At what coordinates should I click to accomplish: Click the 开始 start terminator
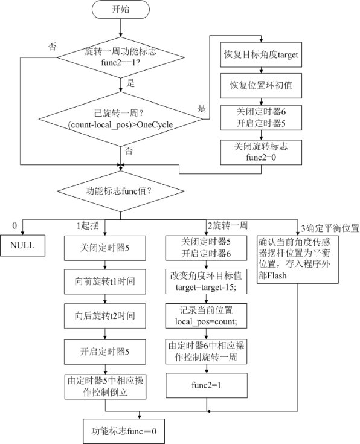[x=120, y=9]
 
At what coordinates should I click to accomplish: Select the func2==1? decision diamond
[x=121, y=57]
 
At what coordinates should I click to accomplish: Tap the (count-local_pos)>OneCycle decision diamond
[x=121, y=119]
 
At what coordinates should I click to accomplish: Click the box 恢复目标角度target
[x=261, y=54]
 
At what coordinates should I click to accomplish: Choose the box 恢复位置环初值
[x=261, y=86]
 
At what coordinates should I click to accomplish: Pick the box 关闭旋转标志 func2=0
[x=261, y=152]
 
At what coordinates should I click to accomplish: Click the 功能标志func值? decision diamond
[x=121, y=191]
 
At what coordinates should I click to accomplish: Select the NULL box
[x=22, y=245]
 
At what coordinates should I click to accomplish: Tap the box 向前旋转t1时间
[x=105, y=282]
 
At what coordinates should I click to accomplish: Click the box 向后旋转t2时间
[x=105, y=316]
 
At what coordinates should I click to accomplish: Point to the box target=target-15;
[x=206, y=281]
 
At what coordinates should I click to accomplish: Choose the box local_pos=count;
[x=206, y=316]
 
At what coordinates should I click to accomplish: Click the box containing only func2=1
[x=207, y=385]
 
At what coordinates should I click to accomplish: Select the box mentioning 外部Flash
[x=298, y=259]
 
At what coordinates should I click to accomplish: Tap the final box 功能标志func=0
[x=124, y=431]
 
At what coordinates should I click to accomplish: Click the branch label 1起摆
[x=88, y=226]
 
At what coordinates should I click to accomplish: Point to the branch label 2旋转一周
[x=228, y=226]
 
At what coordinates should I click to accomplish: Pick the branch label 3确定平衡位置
[x=330, y=228]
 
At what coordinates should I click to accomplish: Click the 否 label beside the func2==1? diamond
[x=52, y=47]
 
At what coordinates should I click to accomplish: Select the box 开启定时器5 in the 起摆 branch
[x=105, y=352]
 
